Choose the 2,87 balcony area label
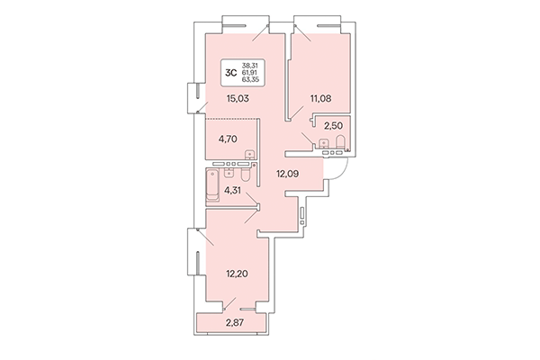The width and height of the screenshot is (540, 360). pos(234,322)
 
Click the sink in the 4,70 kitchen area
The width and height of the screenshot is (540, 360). pos(250,155)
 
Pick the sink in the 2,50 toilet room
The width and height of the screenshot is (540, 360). pos(321,144)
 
